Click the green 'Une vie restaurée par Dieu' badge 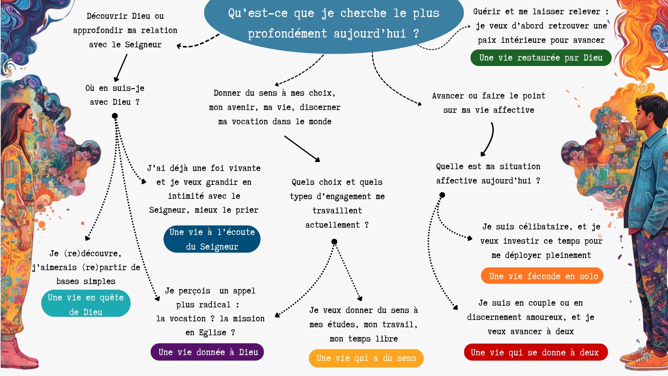541,58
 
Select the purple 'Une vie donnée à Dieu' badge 207,352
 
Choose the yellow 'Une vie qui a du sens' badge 366,358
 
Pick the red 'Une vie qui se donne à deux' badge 535,353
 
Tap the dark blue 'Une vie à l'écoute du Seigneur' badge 212,239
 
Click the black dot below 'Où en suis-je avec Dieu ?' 115,116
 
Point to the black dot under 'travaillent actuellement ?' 334,242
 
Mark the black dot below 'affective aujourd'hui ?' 442,195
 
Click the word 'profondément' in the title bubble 287,34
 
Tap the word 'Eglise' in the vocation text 213,332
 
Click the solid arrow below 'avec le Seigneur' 120,68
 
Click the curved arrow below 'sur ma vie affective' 488,139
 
